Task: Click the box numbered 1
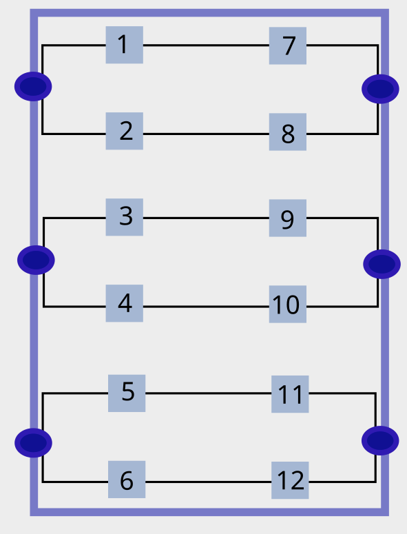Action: pos(124,45)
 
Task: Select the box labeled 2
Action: pos(124,131)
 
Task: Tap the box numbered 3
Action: pos(124,217)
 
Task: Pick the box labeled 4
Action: pos(124,303)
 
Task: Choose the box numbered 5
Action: pos(127,393)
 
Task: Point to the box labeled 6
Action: pos(127,480)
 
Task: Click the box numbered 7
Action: pos(288,45)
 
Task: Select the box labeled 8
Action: pos(288,132)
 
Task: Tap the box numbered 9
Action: pos(288,218)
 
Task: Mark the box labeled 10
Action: pos(288,304)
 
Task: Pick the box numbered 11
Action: pos(290,394)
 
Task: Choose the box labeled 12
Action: pos(290,480)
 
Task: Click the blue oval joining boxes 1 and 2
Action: pos(33,86)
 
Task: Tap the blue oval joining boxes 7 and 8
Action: pos(380,88)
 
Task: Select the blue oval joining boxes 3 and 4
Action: pos(36,260)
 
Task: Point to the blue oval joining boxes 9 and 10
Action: pos(382,263)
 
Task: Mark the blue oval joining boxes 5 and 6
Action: pos(33,442)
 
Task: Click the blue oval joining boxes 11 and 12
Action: pos(380,440)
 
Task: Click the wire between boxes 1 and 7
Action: pos(207,45)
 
